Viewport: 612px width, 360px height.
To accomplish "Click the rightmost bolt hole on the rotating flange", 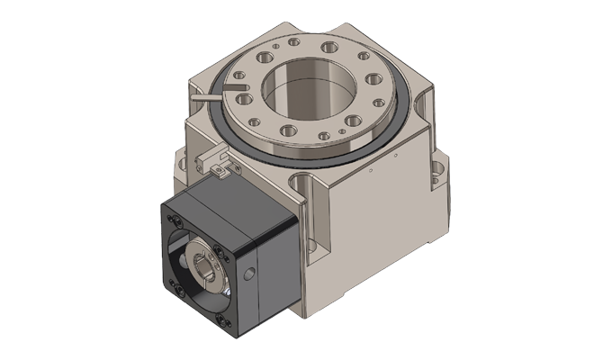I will tap(379, 102).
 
